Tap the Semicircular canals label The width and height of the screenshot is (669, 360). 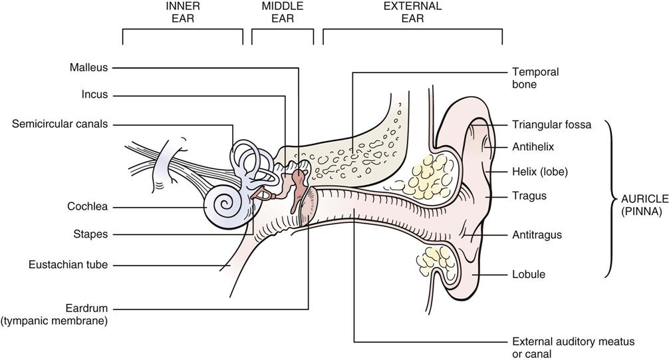click(x=59, y=124)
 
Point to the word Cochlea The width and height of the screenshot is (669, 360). click(x=87, y=206)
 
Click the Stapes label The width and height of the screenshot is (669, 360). click(x=91, y=234)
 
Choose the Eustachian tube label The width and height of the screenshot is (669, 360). click(x=68, y=265)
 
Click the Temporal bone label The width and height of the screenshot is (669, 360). click(x=535, y=78)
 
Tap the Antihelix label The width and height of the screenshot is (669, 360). click(x=533, y=146)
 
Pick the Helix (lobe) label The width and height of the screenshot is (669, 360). click(x=539, y=171)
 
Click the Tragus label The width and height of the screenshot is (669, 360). click(x=529, y=196)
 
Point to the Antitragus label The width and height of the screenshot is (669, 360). click(x=537, y=234)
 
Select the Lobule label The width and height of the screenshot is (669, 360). click(x=529, y=273)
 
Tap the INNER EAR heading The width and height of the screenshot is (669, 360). click(x=183, y=12)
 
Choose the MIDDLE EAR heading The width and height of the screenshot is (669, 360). click(x=283, y=12)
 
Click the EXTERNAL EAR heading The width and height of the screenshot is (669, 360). click(x=412, y=12)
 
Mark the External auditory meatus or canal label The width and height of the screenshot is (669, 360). click(x=573, y=347)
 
